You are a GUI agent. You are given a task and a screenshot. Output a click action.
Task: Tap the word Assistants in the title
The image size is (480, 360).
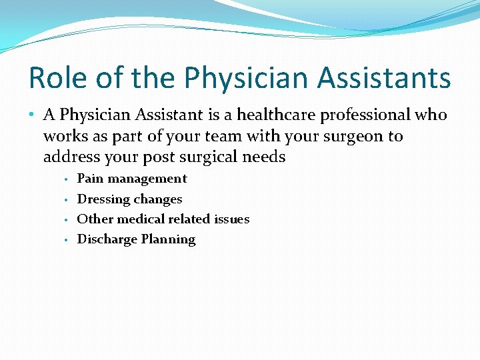pyautogui.click(x=384, y=78)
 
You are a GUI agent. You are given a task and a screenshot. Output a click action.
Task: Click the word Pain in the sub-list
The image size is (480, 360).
pyautogui.click(x=90, y=179)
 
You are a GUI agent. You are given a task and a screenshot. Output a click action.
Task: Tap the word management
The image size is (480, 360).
pyautogui.click(x=147, y=179)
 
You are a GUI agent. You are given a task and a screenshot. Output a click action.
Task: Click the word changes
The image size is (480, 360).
pyautogui.click(x=157, y=199)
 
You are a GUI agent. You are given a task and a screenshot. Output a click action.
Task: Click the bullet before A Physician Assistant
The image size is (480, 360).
pyautogui.click(x=33, y=115)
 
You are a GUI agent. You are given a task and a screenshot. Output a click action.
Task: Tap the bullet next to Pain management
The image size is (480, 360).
pyautogui.click(x=67, y=179)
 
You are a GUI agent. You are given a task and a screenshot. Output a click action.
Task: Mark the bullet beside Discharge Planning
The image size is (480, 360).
pyautogui.click(x=67, y=240)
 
